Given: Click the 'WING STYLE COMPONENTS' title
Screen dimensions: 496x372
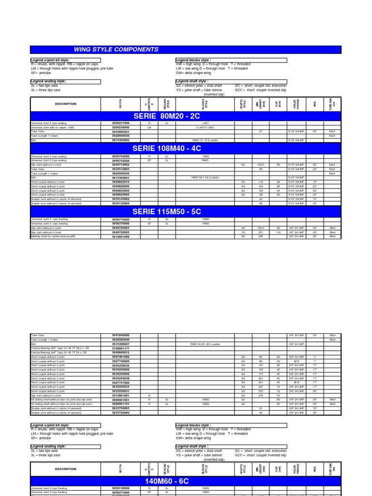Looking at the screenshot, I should click(116, 49).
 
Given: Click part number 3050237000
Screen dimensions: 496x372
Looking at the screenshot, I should click(121, 123).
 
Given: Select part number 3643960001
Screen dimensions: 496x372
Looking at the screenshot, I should click(121, 131).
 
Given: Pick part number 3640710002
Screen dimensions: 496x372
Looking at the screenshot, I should click(121, 165).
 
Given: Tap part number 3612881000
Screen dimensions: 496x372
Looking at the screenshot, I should click(121, 236).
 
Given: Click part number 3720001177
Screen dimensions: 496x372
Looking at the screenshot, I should click(121, 348).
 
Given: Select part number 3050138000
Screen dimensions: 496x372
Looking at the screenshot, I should click(121, 488).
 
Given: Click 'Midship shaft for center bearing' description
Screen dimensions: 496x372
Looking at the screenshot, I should click(52, 236).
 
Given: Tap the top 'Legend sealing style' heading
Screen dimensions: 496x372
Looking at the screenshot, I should click(48, 81).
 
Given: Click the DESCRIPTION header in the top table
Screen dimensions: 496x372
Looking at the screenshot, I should click(65, 104).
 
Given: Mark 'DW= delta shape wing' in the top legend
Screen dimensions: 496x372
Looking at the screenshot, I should click(193, 73).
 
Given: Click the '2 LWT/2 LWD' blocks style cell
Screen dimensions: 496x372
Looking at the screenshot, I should click(205, 127).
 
